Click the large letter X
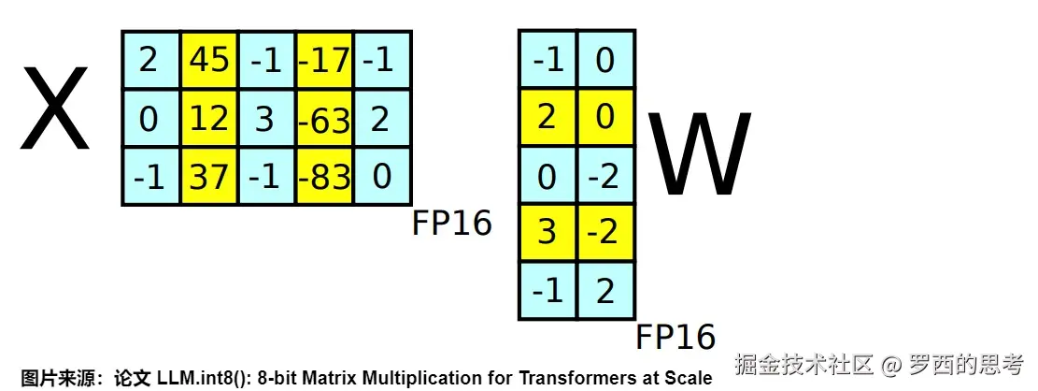click(55, 110)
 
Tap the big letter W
click(700, 154)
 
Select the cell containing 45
click(208, 61)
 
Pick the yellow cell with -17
click(324, 61)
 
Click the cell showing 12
click(208, 119)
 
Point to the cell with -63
click(324, 119)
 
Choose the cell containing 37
click(208, 176)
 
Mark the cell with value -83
click(324, 176)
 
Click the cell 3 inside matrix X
click(266, 119)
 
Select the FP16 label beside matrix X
click(452, 224)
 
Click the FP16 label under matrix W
click(675, 337)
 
